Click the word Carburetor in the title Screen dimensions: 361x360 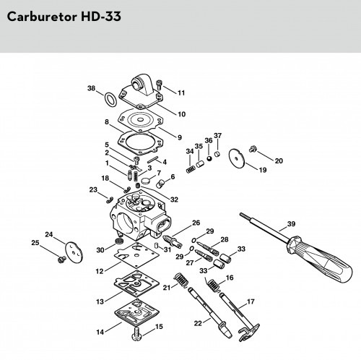pos(42,17)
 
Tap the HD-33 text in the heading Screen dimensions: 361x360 pos(101,17)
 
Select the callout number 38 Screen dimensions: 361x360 pos(92,88)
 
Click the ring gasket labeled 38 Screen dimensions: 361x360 pos(110,99)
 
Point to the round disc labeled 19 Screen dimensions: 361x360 pos(237,158)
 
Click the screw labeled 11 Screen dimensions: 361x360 pos(159,85)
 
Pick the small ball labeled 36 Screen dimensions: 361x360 pos(209,158)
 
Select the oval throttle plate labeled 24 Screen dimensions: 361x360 pos(74,252)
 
